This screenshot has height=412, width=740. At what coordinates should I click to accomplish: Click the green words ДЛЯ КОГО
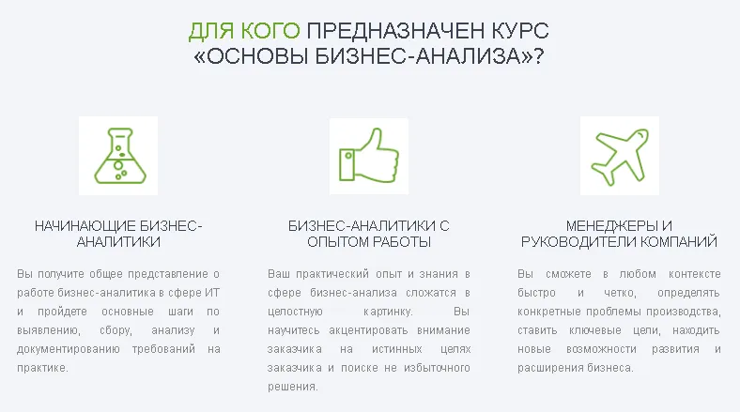coord(243,30)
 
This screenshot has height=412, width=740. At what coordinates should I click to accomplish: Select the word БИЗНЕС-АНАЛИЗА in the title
coord(424,56)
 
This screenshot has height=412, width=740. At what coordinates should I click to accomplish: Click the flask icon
coord(118,156)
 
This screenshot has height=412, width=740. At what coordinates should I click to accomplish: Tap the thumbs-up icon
coord(369,156)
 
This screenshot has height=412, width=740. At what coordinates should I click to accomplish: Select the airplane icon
coord(619,156)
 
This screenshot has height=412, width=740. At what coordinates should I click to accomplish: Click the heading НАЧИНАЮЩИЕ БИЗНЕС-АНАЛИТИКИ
coord(118,234)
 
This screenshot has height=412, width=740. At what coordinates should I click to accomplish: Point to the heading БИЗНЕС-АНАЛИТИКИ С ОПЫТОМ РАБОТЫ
coord(369,234)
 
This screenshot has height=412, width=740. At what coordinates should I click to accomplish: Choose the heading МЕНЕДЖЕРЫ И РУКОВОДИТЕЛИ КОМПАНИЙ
coord(619,234)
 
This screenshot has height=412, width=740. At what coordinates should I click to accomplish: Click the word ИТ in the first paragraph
coord(212,292)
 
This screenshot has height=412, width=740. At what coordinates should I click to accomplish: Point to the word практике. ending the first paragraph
coord(43,367)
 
